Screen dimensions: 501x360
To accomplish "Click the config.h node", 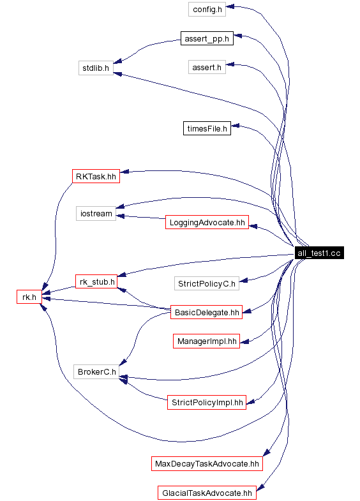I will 207,9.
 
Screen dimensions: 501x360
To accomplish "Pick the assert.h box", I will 207,67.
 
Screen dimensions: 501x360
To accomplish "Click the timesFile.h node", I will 207,128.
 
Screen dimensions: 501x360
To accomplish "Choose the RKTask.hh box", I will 96,176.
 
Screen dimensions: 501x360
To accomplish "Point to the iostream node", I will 96,213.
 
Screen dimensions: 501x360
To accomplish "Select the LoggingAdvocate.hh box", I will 206,222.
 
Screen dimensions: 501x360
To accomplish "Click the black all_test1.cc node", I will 319,253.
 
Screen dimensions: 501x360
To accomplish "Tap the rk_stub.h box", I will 96,281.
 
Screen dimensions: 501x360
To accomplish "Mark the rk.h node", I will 29,296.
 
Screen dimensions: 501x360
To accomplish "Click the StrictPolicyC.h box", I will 207,283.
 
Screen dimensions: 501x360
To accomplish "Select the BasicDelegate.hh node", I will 207,312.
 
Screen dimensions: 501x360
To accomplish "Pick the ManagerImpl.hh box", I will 207,341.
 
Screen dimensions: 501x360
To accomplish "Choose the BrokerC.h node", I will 96,371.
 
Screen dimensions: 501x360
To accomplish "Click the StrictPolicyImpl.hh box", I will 206,402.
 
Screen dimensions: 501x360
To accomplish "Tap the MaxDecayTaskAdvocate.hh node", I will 207,463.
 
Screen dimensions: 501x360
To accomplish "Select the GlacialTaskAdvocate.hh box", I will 206,493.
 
